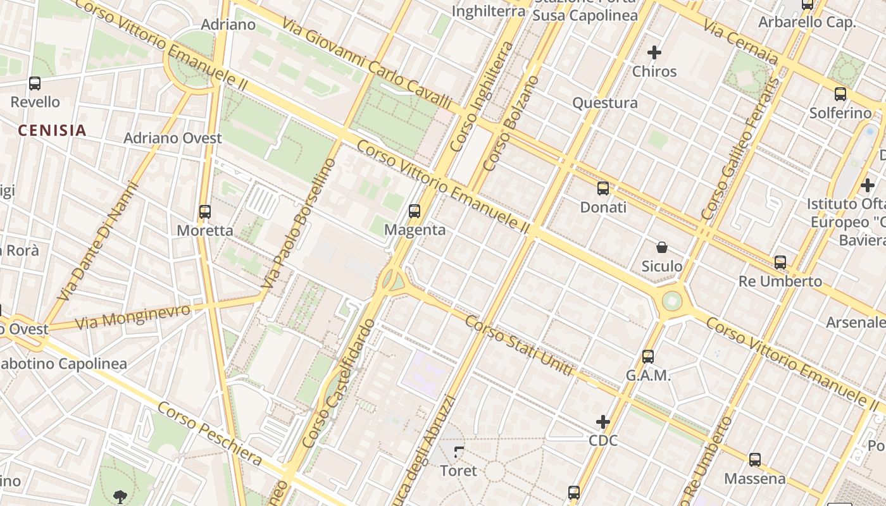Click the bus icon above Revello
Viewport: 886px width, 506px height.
pyautogui.click(x=35, y=83)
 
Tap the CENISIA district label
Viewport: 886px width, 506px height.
pyautogui.click(x=52, y=131)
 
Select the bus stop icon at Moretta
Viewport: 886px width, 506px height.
pyautogui.click(x=204, y=212)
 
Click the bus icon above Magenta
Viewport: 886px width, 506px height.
pyautogui.click(x=415, y=211)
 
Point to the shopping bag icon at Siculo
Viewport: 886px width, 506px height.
pyautogui.click(x=662, y=247)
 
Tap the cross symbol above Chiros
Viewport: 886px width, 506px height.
pyautogui.click(x=654, y=52)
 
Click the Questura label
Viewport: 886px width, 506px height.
pyautogui.click(x=605, y=103)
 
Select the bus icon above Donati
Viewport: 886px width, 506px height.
pyautogui.click(x=603, y=188)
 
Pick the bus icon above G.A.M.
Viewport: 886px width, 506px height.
pyautogui.click(x=648, y=357)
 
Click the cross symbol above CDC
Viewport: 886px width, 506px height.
pyautogui.click(x=603, y=421)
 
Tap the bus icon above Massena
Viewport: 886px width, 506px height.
pyautogui.click(x=754, y=460)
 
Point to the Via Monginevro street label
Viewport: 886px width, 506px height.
pyautogui.click(x=133, y=317)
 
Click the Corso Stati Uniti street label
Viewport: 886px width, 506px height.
pyautogui.click(x=519, y=345)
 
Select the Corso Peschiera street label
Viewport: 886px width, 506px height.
pyautogui.click(x=209, y=433)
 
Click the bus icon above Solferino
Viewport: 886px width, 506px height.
pyautogui.click(x=840, y=94)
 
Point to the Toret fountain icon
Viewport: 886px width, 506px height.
pyautogui.click(x=459, y=452)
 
